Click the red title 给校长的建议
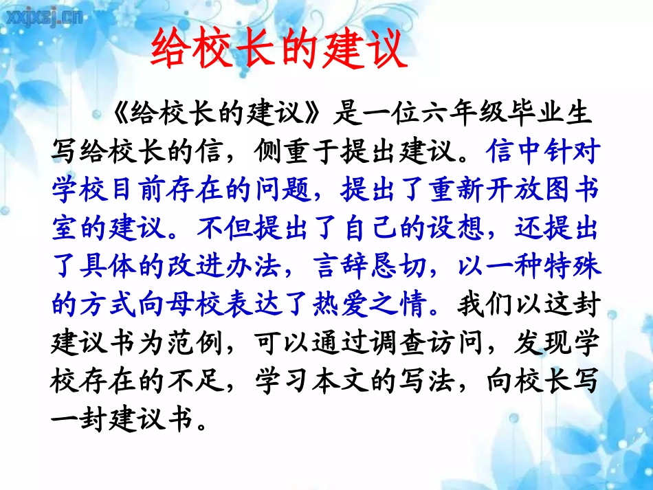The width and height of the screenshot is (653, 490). coord(278,49)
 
